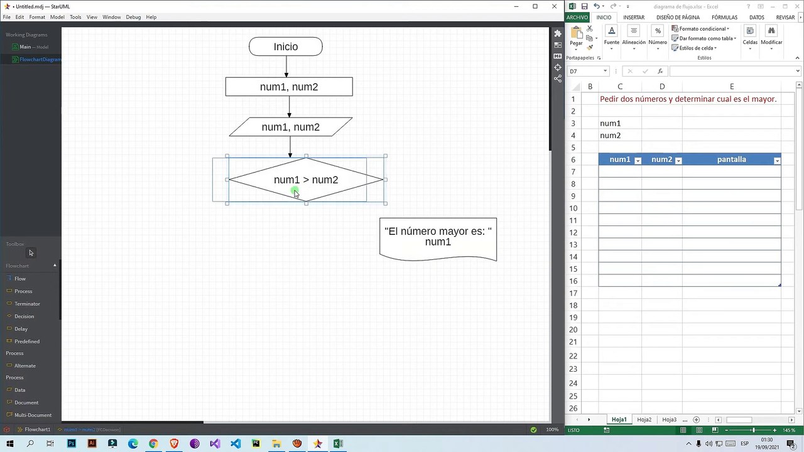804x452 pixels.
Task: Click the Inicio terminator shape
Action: [x=286, y=46]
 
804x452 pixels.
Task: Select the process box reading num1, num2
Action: [x=289, y=87]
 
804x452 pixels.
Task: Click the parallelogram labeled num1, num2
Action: [x=290, y=127]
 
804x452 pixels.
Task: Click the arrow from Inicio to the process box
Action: [x=286, y=67]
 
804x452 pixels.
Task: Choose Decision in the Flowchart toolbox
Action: [x=24, y=316]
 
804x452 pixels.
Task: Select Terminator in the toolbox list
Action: [x=27, y=304]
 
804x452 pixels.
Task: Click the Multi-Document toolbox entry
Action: [x=33, y=415]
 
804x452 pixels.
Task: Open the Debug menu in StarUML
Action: [x=133, y=17]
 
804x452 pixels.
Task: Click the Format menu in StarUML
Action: [x=37, y=17]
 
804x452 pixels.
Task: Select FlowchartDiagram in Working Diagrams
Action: [x=40, y=60]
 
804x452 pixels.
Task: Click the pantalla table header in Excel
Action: [x=731, y=159]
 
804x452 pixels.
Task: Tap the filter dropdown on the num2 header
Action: [x=678, y=161]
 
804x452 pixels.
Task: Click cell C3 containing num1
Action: [x=619, y=124]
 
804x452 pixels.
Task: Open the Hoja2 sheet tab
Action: [x=644, y=419]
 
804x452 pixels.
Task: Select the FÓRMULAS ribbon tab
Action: [x=724, y=18]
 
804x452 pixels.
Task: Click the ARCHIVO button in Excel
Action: [x=577, y=18]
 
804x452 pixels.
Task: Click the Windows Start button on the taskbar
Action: [x=10, y=444]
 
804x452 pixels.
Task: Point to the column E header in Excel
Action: [x=732, y=87]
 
